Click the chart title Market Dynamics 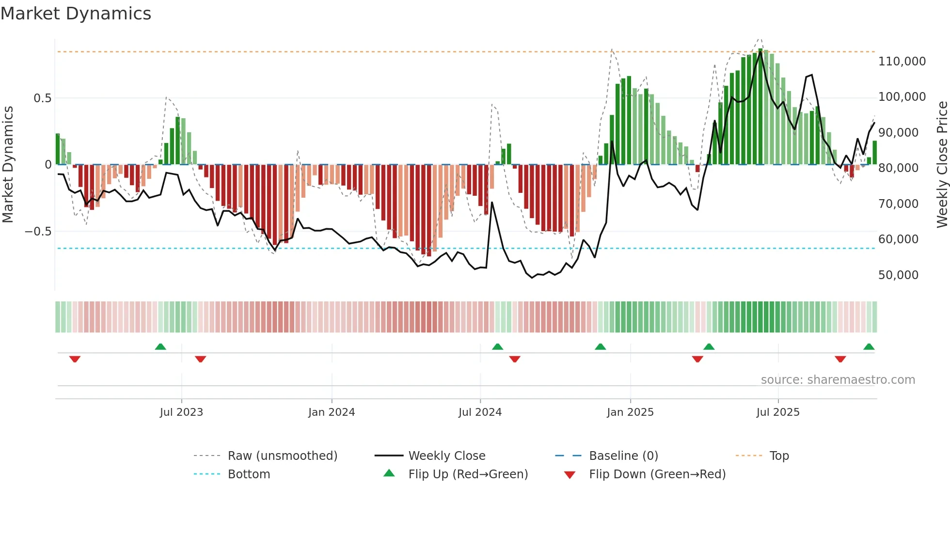click(x=76, y=14)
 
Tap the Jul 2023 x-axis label click(x=181, y=412)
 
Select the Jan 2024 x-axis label click(x=332, y=412)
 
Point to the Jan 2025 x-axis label click(x=630, y=412)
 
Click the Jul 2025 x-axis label click(x=778, y=412)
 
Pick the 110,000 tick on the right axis click(x=902, y=62)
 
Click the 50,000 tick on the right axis click(x=898, y=275)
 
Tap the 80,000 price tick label click(x=898, y=168)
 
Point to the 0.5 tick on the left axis click(x=42, y=98)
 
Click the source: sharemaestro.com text click(x=838, y=380)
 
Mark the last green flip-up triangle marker click(x=869, y=347)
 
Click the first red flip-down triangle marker click(x=75, y=359)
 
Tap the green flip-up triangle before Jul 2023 click(x=160, y=347)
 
